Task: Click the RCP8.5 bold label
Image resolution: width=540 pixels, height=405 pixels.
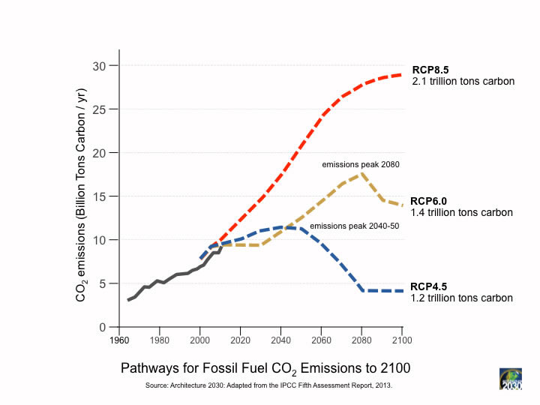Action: pos(430,70)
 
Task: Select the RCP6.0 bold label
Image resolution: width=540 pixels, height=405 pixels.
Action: pos(430,201)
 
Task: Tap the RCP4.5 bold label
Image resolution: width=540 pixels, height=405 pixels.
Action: pos(430,286)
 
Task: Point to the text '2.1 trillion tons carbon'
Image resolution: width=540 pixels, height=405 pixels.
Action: pos(463,81)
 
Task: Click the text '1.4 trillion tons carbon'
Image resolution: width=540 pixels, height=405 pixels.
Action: pos(462,212)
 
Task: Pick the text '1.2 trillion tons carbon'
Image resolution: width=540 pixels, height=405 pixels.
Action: pos(462,298)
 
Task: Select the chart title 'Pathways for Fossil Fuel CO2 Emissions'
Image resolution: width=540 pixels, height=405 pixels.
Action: pos(265,368)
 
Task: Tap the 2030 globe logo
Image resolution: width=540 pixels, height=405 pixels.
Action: pos(511,379)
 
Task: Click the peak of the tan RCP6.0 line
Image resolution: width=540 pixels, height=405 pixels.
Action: pos(362,174)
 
